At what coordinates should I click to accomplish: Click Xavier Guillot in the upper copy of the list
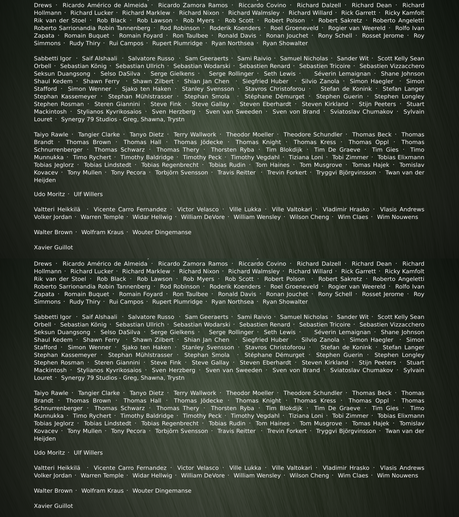[53, 247]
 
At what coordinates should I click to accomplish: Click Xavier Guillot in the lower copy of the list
[53, 506]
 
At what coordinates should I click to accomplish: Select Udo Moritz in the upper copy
[49, 194]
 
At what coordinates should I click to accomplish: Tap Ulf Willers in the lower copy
[88, 453]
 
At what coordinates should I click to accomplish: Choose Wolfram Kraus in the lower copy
[102, 491]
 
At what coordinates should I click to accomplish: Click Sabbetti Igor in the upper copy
[53, 58]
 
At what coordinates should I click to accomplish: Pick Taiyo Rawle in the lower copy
[51, 393]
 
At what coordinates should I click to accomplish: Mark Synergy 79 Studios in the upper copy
[123, 119]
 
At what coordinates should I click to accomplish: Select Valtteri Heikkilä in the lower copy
[57, 468]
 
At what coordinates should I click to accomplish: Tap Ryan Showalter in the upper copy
[285, 43]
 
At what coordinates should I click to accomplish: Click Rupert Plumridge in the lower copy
[177, 302]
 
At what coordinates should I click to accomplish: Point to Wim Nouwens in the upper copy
[397, 217]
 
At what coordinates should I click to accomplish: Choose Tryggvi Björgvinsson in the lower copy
[346, 431]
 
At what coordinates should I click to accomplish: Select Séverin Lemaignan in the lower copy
[342, 332]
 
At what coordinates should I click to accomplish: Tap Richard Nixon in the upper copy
[199, 13]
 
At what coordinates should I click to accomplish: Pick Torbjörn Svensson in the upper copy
[181, 172]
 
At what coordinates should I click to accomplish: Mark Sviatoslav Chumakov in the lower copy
[361, 370]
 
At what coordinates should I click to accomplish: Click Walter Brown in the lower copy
[53, 491]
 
